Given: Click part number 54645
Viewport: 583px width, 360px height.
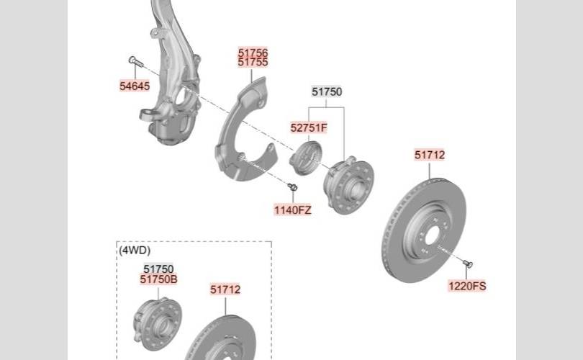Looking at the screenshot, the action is (135, 86).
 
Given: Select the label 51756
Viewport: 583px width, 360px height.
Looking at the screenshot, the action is (253, 53).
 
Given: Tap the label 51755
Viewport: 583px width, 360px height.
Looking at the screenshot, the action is (253, 62).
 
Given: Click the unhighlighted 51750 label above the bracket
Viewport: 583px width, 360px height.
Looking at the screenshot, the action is (327, 91).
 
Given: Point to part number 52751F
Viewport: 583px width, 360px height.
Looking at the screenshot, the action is (309, 127).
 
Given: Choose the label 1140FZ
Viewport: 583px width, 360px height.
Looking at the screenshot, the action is (293, 210).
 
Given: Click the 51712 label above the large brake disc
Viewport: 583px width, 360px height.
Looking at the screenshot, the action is (430, 155).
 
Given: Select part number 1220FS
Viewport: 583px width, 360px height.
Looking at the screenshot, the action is (467, 286).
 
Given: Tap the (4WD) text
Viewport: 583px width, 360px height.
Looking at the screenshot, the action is (135, 251).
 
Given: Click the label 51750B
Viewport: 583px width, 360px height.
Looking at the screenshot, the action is (159, 279).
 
